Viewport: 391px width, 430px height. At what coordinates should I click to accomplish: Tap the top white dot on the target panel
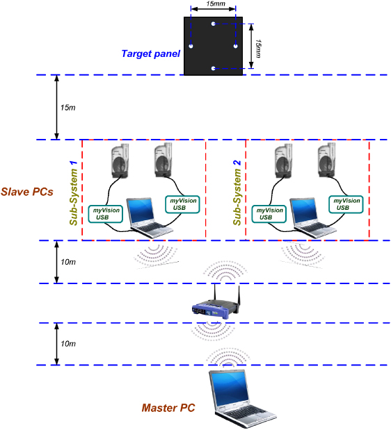click(214, 23)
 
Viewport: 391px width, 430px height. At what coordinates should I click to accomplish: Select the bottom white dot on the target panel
click(214, 69)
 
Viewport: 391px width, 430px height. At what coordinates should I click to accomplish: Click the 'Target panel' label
click(150, 53)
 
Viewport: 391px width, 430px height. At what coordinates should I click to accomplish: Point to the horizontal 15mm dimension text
click(216, 5)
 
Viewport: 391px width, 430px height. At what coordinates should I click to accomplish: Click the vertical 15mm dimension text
click(259, 47)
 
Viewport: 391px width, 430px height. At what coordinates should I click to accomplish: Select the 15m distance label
click(67, 108)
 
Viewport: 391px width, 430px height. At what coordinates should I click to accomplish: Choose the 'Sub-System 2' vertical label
click(237, 192)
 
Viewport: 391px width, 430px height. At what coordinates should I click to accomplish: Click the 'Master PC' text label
click(168, 408)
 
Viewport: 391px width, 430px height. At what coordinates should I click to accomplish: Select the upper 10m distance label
click(67, 262)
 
